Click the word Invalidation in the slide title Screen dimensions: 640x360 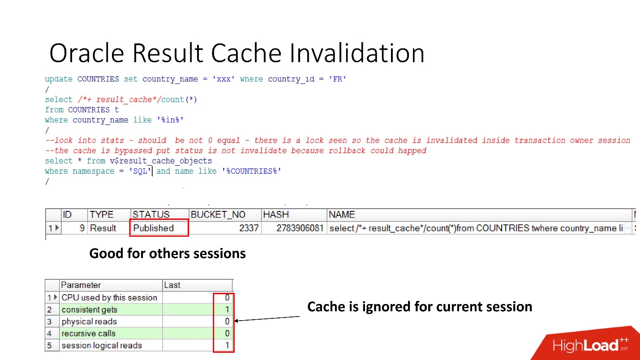(x=357, y=53)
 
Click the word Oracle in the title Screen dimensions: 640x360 (x=87, y=53)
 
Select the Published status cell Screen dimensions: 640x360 (x=154, y=228)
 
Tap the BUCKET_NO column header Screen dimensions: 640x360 (x=218, y=214)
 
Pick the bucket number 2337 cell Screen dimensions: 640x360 (x=249, y=228)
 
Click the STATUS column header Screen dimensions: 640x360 (x=151, y=214)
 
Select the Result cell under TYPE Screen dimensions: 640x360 (x=103, y=228)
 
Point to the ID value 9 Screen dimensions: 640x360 (x=82, y=228)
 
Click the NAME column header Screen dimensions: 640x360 (x=342, y=214)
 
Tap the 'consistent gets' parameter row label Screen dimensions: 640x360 (x=90, y=309)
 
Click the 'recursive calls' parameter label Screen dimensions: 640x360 (x=89, y=334)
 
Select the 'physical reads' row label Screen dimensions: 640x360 (x=89, y=321)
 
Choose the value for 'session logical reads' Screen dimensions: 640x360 (x=227, y=345)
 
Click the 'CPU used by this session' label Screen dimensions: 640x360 (x=109, y=297)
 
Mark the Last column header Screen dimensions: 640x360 (x=172, y=285)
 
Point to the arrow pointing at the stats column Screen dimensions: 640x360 (x=267, y=319)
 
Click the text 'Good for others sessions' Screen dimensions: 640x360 (x=168, y=253)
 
